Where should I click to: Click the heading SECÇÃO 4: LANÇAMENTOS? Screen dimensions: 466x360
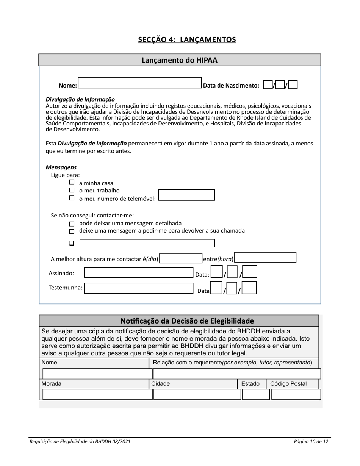click(x=187, y=39)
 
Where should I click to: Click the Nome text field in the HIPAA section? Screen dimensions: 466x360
click(x=139, y=83)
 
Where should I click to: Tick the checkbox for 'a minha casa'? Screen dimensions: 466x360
click(x=72, y=182)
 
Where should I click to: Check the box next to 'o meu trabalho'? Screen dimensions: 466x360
click(x=72, y=190)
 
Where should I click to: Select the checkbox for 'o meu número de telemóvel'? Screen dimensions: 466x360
click(x=72, y=198)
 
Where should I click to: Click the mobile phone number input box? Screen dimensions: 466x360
click(x=186, y=195)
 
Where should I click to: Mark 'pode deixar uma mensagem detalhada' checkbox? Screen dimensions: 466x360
click(x=72, y=224)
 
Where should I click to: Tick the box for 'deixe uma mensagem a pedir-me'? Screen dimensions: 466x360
click(x=72, y=231)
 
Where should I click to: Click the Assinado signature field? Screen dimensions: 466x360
click(x=139, y=273)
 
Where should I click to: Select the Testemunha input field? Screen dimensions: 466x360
click(x=139, y=288)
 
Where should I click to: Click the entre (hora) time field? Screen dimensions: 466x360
click(x=265, y=258)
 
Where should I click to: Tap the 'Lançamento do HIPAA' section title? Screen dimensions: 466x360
click(x=180, y=60)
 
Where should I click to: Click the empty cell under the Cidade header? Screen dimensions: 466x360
click(x=197, y=394)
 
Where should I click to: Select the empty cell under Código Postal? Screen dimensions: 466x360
click(x=296, y=394)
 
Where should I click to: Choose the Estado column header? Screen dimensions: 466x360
click(x=250, y=384)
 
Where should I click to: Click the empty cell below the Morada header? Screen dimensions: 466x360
click(x=97, y=394)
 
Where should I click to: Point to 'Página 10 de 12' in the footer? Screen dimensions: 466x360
click(x=311, y=441)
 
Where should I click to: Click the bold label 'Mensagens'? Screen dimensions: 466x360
click(x=61, y=167)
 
